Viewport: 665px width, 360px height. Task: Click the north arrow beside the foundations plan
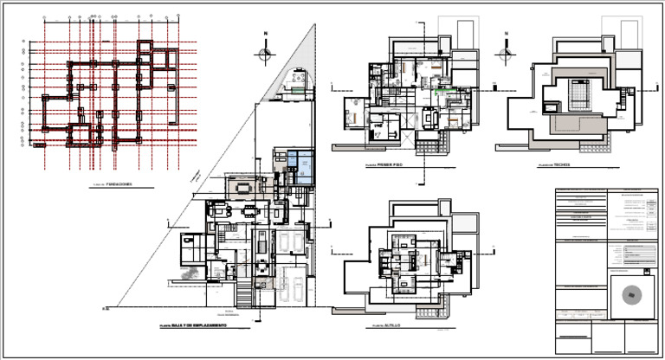point(266,54)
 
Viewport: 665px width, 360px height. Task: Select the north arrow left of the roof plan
point(503,54)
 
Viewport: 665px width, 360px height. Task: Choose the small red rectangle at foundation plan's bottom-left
point(38,145)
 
